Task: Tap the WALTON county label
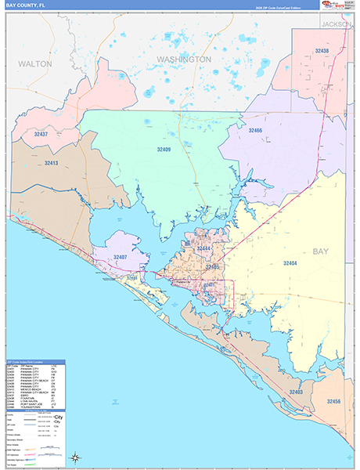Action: tap(35, 63)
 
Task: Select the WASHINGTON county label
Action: tap(183, 60)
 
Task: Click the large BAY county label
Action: tap(321, 251)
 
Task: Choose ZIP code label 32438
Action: tap(321, 51)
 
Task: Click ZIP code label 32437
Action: tap(41, 134)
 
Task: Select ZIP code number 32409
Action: tap(164, 148)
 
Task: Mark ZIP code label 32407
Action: tap(120, 257)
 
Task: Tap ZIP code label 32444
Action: tap(203, 248)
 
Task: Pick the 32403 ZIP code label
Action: tap(296, 392)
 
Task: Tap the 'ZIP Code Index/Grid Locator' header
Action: tap(28, 363)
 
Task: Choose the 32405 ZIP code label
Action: tap(211, 267)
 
